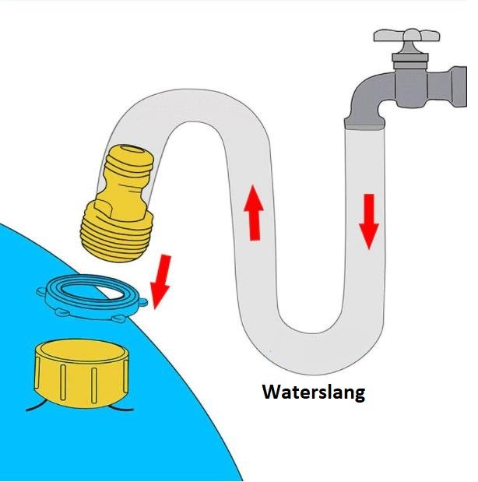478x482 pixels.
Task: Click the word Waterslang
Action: (314, 392)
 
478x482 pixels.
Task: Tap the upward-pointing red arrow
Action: (254, 213)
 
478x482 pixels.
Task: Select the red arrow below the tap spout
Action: (369, 221)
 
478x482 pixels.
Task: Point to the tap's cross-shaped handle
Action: (407, 35)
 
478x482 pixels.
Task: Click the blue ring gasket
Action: (92, 297)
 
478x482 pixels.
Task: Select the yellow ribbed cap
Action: (81, 373)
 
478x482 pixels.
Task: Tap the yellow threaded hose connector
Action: (118, 203)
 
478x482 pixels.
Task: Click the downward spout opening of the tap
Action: (364, 124)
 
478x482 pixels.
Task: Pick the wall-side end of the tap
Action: (459, 86)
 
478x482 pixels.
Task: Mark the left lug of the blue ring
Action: (41, 291)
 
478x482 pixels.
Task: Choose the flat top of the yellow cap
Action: (81, 351)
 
